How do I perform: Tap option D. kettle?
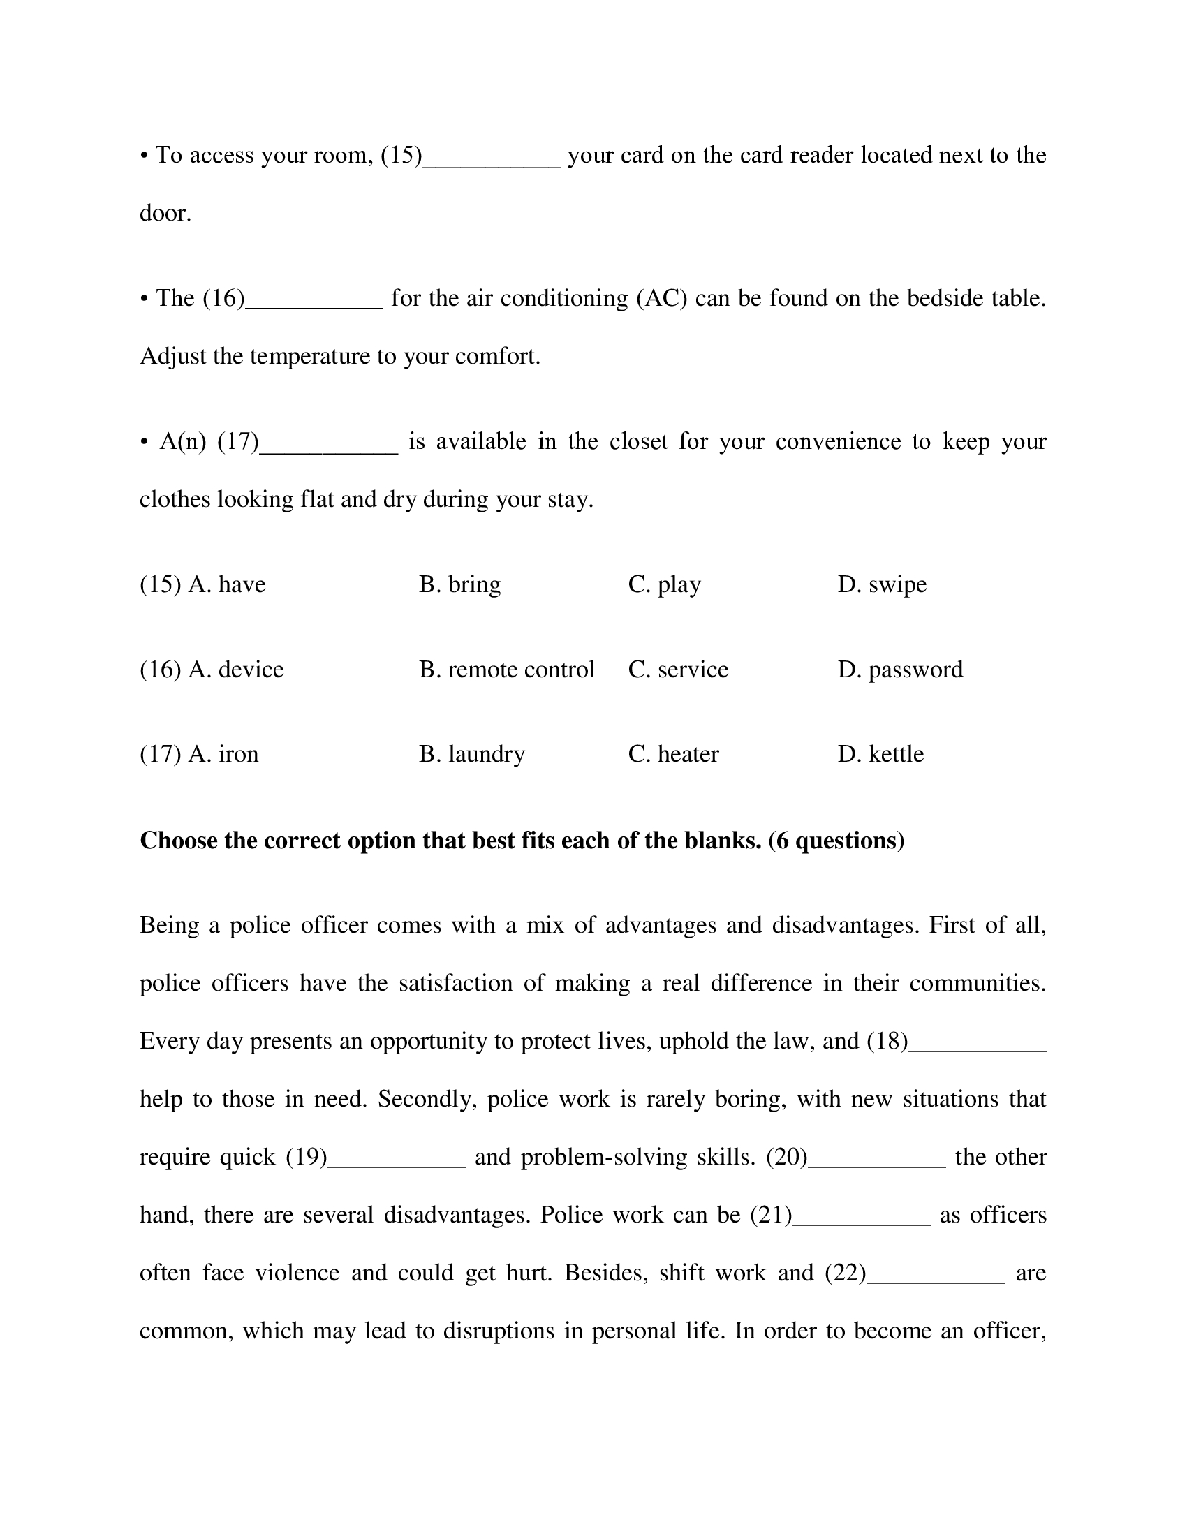coord(880,754)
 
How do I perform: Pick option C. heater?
coord(673,754)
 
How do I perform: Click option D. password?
coord(900,670)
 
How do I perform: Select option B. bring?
coord(460,584)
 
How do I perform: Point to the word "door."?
coord(165,212)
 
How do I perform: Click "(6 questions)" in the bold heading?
coord(836,841)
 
